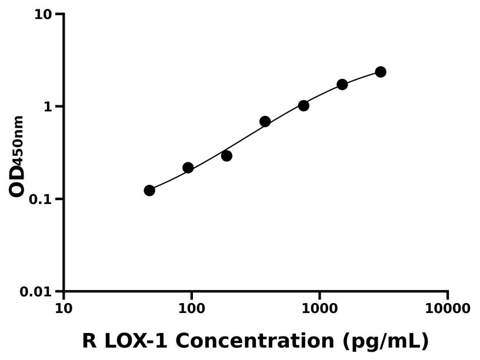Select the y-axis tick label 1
(49, 106)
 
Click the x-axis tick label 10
(64, 308)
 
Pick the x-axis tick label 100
(192, 308)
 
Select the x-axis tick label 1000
(319, 308)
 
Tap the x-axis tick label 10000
(448, 308)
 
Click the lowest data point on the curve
(149, 191)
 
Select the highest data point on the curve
(381, 72)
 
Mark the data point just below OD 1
(265, 122)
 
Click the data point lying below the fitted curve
(226, 156)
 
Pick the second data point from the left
(188, 168)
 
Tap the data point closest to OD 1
(304, 106)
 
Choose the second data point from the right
(342, 85)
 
